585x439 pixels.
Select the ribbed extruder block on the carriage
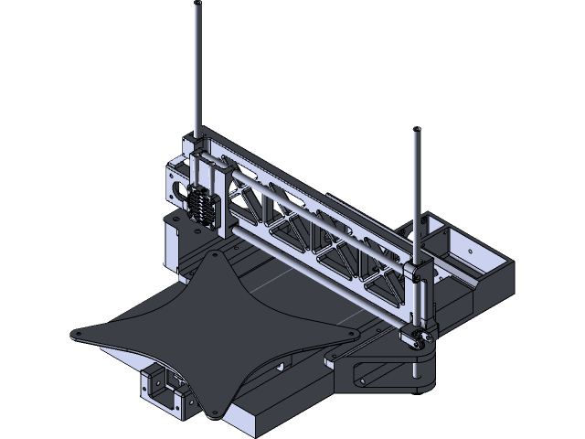click(x=202, y=204)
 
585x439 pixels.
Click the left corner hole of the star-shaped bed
click(x=80, y=335)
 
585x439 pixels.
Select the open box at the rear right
click(x=457, y=247)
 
